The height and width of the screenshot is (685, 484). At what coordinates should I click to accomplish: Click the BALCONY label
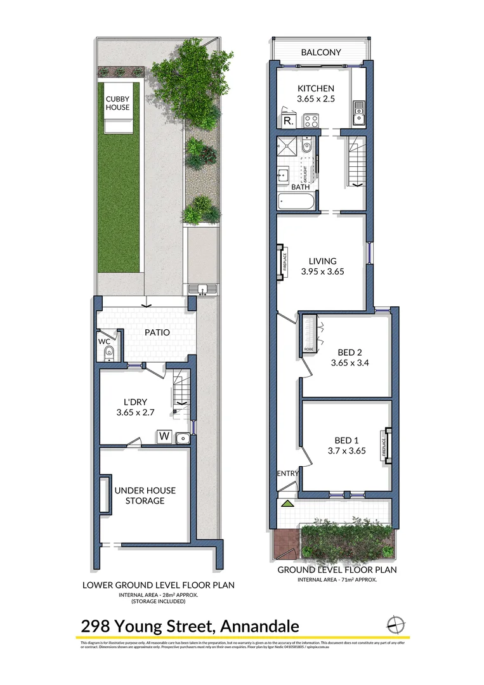[x=321, y=53]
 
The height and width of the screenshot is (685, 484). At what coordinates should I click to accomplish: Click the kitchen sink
[x=358, y=115]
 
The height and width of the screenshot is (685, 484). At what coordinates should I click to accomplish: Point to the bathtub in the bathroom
[x=296, y=202]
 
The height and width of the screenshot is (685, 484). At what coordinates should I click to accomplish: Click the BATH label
[x=300, y=187]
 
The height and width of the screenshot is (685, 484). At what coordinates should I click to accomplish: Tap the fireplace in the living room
[x=281, y=262]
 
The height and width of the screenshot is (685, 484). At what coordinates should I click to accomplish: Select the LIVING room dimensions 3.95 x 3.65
[x=322, y=272]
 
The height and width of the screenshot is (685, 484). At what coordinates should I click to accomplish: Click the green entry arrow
[x=287, y=504]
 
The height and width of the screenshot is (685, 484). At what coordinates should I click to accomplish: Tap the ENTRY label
[x=288, y=474]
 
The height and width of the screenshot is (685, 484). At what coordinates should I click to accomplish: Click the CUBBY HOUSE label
[x=117, y=103]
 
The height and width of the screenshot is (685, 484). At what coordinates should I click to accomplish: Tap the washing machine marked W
[x=164, y=436]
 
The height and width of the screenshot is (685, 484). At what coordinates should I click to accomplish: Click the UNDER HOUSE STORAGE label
[x=145, y=495]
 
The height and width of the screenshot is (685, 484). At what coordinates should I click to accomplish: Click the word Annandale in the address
[x=259, y=627]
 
